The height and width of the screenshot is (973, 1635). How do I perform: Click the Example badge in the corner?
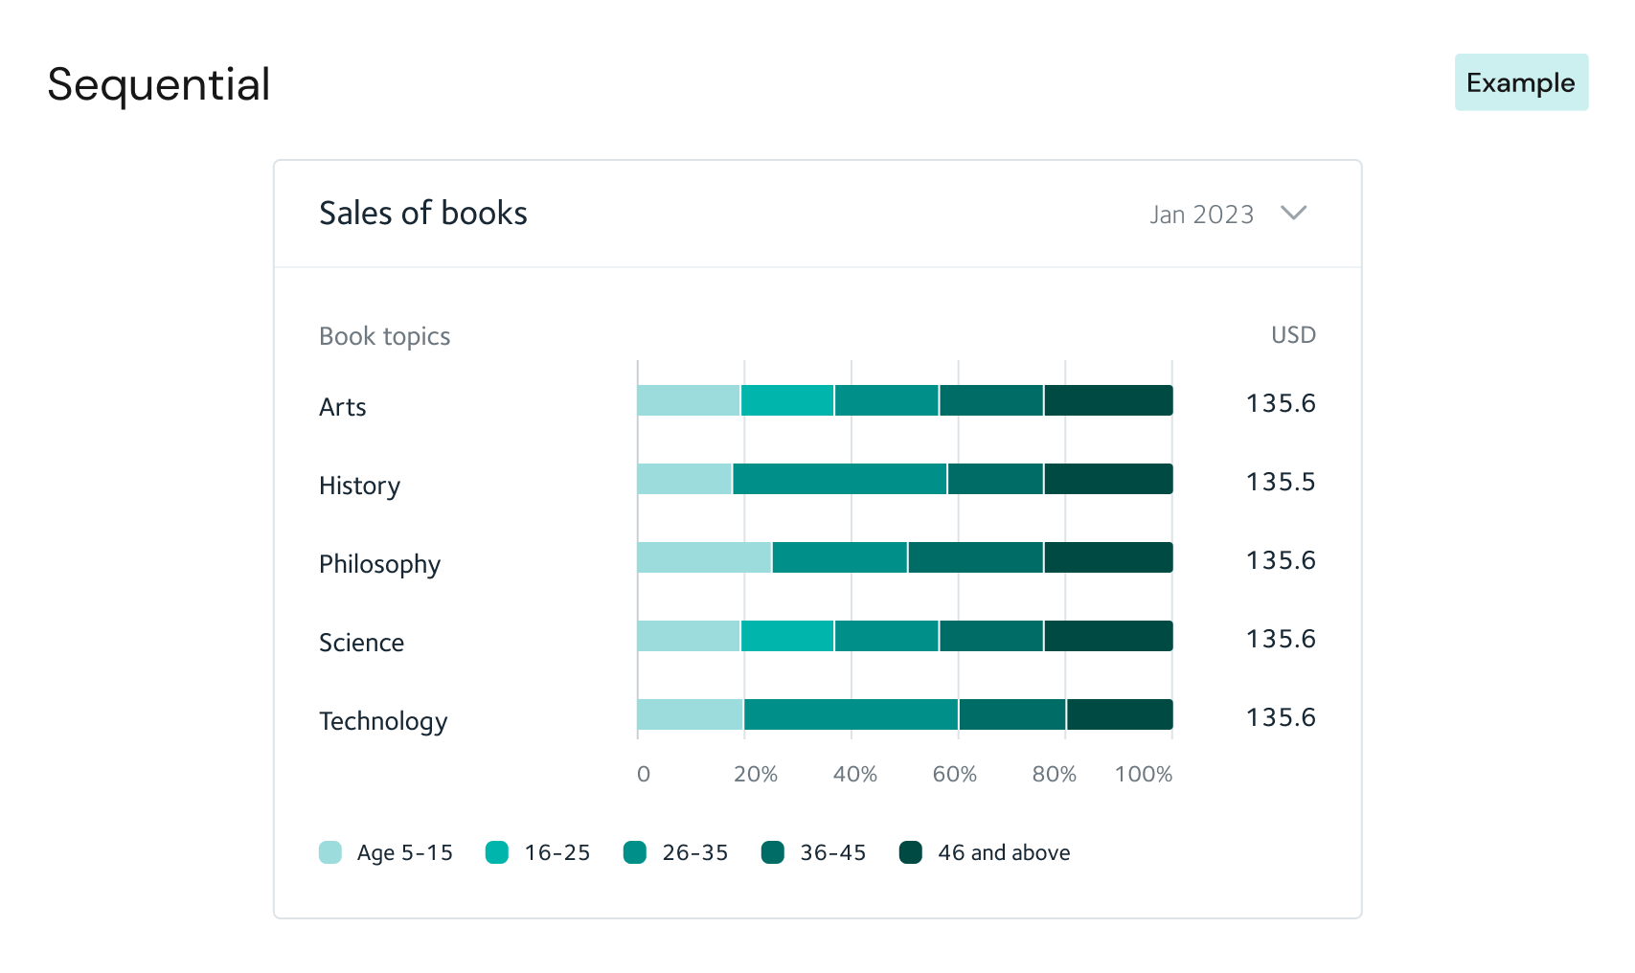[1521, 82]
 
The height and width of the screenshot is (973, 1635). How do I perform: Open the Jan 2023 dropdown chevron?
[1293, 213]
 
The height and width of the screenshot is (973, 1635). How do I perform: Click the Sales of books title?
[422, 213]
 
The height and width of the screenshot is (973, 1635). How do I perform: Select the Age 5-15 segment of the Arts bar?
[689, 400]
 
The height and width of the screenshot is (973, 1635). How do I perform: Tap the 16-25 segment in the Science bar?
[787, 636]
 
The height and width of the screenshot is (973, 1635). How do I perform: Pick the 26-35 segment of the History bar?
[839, 479]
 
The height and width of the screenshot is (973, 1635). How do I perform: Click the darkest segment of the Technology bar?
[1120, 714]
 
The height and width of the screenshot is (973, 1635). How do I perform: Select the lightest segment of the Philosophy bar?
[704, 557]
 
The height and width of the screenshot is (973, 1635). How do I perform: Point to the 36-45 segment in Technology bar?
[1012, 714]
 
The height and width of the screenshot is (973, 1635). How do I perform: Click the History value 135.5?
[1281, 481]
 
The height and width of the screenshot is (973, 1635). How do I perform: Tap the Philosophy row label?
[379, 564]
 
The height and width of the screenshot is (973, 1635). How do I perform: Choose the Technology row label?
[383, 721]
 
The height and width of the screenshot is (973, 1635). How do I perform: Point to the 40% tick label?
[854, 774]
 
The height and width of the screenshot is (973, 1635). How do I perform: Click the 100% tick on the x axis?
[1144, 774]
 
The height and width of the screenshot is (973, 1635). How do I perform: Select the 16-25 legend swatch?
[497, 852]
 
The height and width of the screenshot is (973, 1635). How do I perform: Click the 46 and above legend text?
[1004, 852]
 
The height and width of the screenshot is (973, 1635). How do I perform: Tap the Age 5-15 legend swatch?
[330, 852]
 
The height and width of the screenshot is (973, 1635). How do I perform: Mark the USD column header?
[1293, 335]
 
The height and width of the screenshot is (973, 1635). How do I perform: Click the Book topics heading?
[384, 336]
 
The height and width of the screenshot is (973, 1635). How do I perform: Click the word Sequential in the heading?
[159, 84]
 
